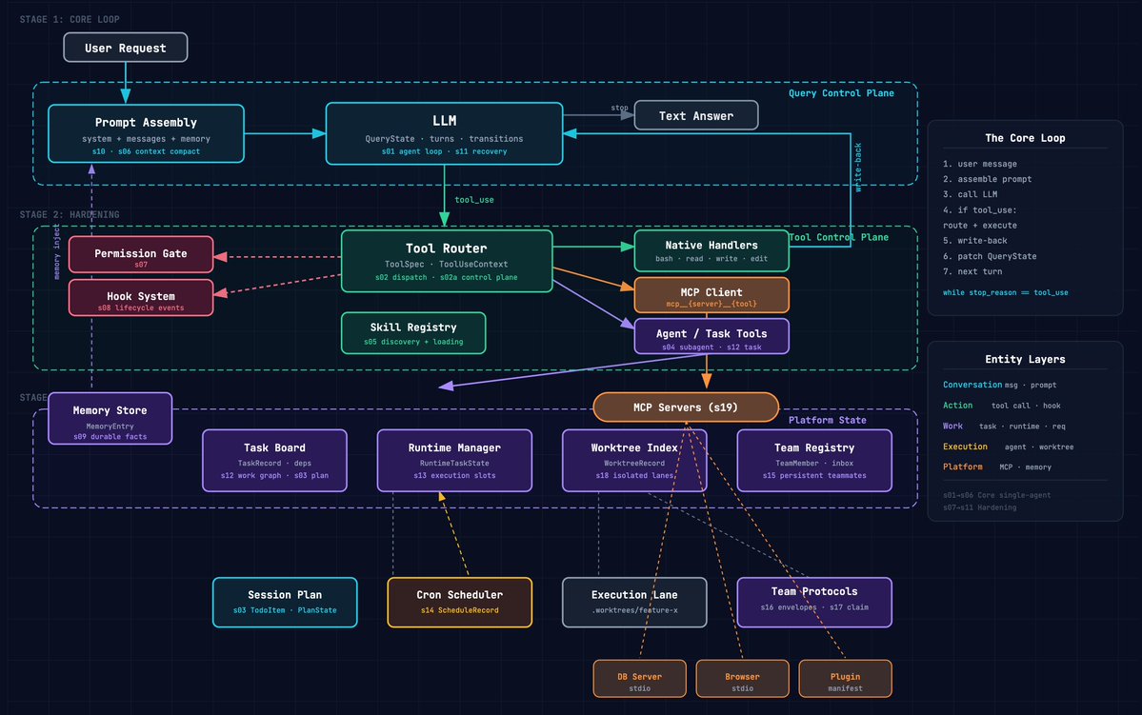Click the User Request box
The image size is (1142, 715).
tap(125, 48)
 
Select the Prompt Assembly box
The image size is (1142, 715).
tap(146, 133)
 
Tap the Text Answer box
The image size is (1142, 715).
tap(696, 115)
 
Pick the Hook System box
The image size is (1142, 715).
tap(141, 297)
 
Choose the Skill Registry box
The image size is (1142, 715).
tap(413, 333)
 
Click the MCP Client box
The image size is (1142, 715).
tap(711, 296)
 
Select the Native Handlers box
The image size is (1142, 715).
tap(711, 251)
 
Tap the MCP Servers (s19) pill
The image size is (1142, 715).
tap(686, 407)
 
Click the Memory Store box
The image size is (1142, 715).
tap(110, 418)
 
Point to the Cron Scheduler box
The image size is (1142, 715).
tap(459, 602)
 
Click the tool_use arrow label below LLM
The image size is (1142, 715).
tap(473, 200)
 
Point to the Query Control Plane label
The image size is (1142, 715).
tap(841, 93)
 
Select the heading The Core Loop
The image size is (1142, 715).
tap(1025, 138)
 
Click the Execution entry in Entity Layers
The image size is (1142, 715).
tap(965, 447)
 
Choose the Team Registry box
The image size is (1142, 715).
tap(814, 460)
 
